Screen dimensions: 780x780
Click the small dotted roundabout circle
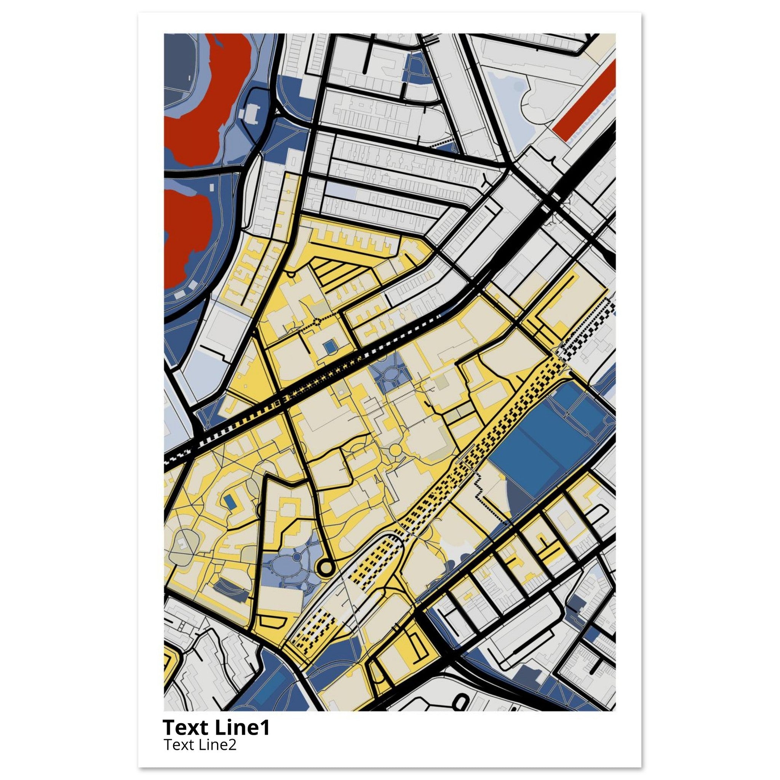pos(316,322)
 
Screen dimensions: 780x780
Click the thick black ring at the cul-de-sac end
pos(327,567)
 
